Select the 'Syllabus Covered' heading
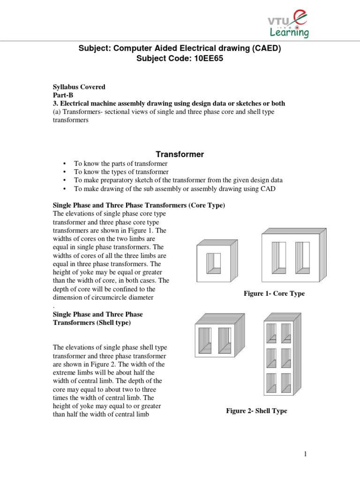tap(79, 87)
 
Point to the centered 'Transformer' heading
tap(180, 154)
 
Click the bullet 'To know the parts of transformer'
tap(120, 164)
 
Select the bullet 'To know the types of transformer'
tap(121, 172)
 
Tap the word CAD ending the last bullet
tap(269, 188)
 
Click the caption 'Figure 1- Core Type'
tap(274, 293)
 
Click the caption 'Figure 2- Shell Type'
tap(256, 411)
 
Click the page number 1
tap(305, 454)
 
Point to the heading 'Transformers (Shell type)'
tap(91, 323)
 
